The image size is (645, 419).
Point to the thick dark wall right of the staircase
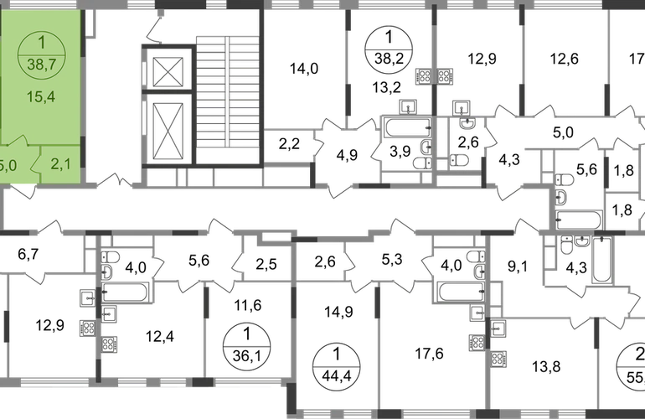click(x=262, y=92)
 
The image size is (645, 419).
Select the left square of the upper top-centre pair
click(x=423, y=76)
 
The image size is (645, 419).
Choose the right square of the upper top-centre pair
click(x=446, y=76)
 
